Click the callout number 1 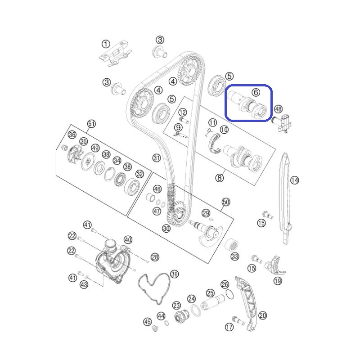tap(106, 44)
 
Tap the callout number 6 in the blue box tap(256, 92)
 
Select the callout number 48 tap(278, 109)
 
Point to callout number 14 tap(295, 180)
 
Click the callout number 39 tap(175, 274)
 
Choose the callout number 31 tap(157, 158)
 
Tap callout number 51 tap(91, 124)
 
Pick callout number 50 tap(226, 202)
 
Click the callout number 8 tap(220, 178)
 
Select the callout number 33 tap(234, 256)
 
